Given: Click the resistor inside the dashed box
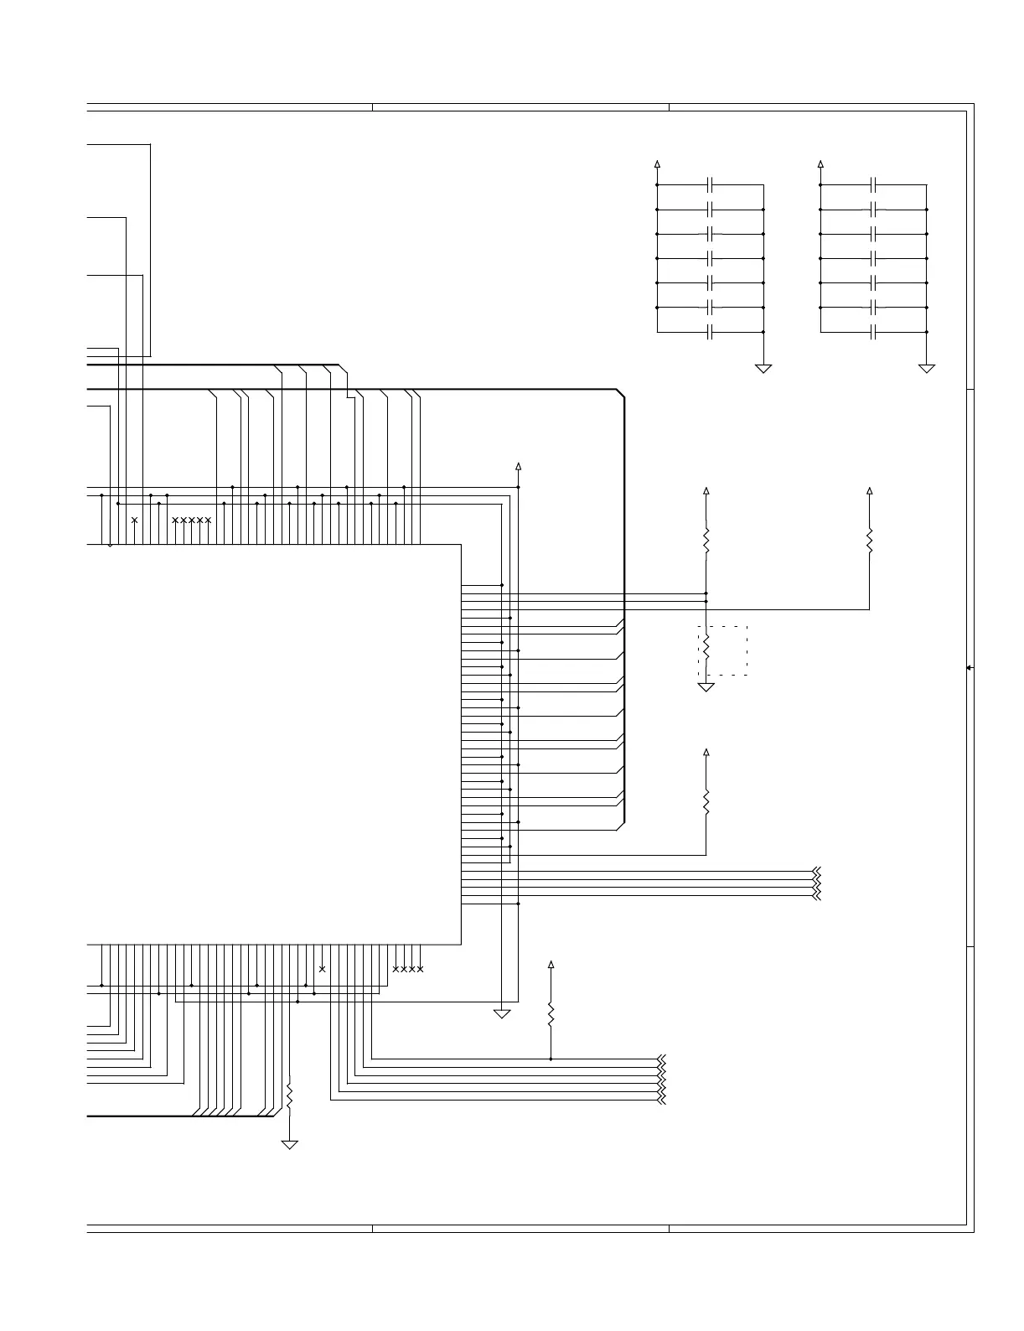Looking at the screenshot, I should pos(706,647).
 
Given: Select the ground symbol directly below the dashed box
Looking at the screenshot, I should pos(706,686).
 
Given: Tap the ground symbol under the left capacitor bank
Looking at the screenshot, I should pos(763,367).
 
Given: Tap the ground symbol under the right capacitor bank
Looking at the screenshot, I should pos(927,367).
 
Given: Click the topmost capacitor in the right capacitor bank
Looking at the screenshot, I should pos(874,184).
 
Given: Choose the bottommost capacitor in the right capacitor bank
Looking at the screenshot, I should pos(874,333).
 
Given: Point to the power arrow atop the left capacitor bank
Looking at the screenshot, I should pos(658,163).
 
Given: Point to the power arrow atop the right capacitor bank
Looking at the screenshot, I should pos(821,163).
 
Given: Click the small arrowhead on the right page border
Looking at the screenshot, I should pos(969,668).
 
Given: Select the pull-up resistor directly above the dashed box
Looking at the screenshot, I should pos(706,540).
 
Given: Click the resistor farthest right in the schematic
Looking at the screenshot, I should pos(869,540).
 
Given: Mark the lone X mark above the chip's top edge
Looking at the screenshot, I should pos(134,520).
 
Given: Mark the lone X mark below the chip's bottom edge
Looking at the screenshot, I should pos(322,969).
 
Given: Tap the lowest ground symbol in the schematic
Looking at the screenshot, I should pos(289,1144).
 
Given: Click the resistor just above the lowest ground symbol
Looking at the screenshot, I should pos(289,1095).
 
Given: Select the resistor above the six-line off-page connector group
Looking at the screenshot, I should pos(551,1014).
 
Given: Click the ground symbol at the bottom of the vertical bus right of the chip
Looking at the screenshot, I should pos(502,1014).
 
